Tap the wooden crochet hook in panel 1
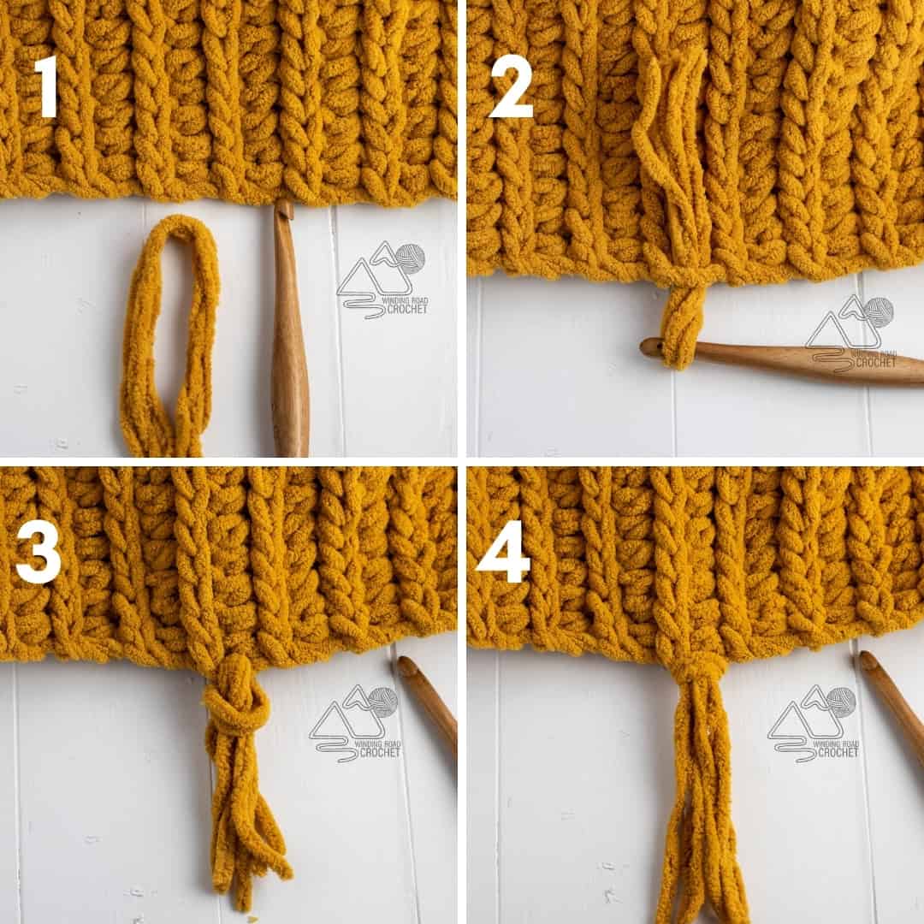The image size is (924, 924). pyautogui.click(x=289, y=359)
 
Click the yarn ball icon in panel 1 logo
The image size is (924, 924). pyautogui.click(x=409, y=259)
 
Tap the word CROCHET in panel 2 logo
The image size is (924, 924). pyautogui.click(x=875, y=362)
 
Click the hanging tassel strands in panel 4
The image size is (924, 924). pyautogui.click(x=702, y=821)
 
